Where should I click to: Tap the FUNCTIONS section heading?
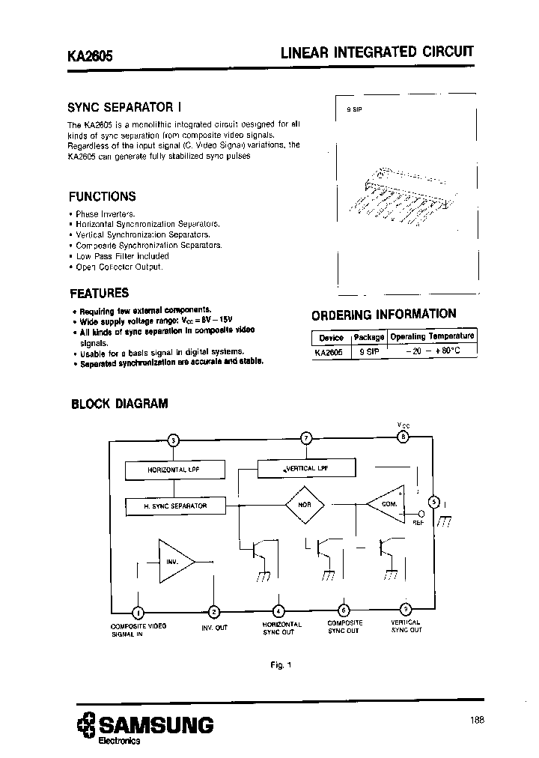click(102, 197)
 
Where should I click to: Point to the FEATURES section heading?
click(99, 293)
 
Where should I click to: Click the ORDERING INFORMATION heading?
click(383, 315)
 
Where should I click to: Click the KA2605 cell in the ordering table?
click(329, 350)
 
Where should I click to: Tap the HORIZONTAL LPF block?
click(174, 470)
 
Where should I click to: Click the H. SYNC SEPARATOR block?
click(175, 506)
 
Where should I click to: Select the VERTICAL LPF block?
click(306, 467)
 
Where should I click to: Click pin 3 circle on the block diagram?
click(174, 440)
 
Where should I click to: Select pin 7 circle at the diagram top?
click(305, 438)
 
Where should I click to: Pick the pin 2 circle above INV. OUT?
click(214, 611)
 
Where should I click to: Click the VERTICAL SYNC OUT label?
click(406, 626)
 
